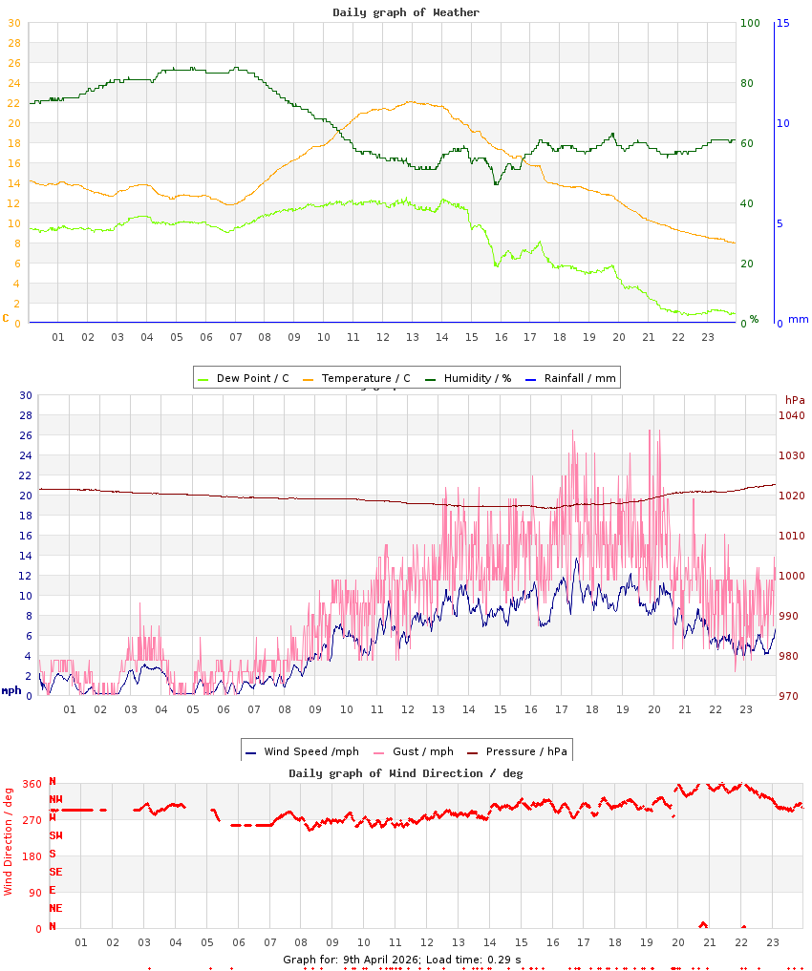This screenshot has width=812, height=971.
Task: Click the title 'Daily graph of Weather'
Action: tap(406, 12)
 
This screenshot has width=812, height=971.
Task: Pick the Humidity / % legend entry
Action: tap(467, 378)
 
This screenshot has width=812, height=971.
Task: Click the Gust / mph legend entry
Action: tap(413, 751)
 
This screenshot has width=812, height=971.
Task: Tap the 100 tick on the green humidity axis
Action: tap(750, 23)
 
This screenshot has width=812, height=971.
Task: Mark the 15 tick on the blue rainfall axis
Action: tap(782, 23)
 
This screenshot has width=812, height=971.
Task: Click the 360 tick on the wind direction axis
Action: tap(32, 784)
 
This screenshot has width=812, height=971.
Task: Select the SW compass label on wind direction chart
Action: tap(56, 835)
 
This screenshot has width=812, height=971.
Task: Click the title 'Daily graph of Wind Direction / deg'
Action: tap(406, 773)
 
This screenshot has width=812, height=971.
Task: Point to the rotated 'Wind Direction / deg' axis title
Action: tap(9, 841)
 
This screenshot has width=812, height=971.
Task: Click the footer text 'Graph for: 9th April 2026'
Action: tap(351, 959)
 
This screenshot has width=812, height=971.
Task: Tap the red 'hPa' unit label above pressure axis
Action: tap(795, 399)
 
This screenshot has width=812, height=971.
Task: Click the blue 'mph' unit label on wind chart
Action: tap(11, 690)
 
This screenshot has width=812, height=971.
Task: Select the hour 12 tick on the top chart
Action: tap(383, 337)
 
